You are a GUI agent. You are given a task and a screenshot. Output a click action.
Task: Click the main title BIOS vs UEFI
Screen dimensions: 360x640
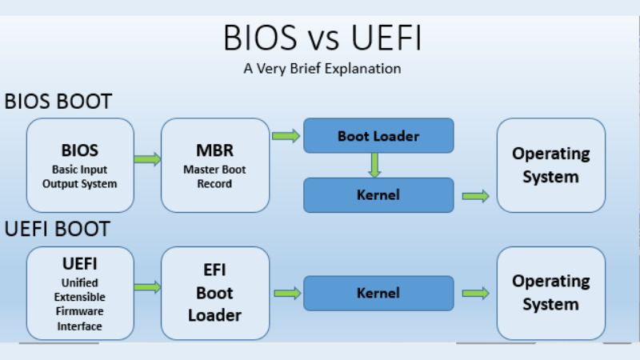tap(322, 38)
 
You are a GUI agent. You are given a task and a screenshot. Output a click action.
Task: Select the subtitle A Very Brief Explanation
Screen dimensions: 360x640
tap(322, 69)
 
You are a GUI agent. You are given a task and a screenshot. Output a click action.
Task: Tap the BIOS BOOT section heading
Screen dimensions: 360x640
tap(58, 102)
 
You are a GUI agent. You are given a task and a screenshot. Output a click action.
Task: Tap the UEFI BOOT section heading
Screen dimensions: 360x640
tap(57, 229)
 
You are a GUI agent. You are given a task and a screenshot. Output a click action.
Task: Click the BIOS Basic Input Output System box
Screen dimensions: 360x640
tap(80, 165)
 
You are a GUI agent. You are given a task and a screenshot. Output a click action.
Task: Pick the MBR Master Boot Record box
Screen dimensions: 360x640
tap(214, 165)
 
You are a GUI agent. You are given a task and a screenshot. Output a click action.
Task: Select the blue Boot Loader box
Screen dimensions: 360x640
tap(378, 136)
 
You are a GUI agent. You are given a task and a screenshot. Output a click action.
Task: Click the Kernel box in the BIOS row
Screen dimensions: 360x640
tap(378, 194)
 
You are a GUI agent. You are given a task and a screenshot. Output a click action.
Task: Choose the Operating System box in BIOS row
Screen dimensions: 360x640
tap(550, 165)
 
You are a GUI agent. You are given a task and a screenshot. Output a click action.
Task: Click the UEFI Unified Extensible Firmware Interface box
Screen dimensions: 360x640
tap(80, 293)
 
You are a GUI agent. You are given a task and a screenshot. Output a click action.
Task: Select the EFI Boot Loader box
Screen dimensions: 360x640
tap(214, 293)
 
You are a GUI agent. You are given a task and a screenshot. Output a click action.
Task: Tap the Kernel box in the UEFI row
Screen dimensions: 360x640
tap(378, 293)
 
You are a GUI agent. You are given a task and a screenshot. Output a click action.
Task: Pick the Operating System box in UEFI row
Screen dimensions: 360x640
tap(550, 293)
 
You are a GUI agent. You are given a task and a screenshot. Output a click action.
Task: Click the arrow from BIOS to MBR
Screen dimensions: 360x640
tap(147, 159)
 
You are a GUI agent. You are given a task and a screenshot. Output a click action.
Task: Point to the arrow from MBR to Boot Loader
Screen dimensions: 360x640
tap(286, 136)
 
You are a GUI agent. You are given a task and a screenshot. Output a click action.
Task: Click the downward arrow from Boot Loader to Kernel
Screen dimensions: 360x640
tap(374, 165)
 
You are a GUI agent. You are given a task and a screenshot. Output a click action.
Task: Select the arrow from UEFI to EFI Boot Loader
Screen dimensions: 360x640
tap(147, 286)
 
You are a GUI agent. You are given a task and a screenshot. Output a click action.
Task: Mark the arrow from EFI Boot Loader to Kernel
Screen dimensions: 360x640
tap(286, 294)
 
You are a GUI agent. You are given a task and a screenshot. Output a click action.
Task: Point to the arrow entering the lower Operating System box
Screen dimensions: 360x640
tap(475, 294)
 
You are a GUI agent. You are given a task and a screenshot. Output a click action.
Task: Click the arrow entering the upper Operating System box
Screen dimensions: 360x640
tap(475, 196)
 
